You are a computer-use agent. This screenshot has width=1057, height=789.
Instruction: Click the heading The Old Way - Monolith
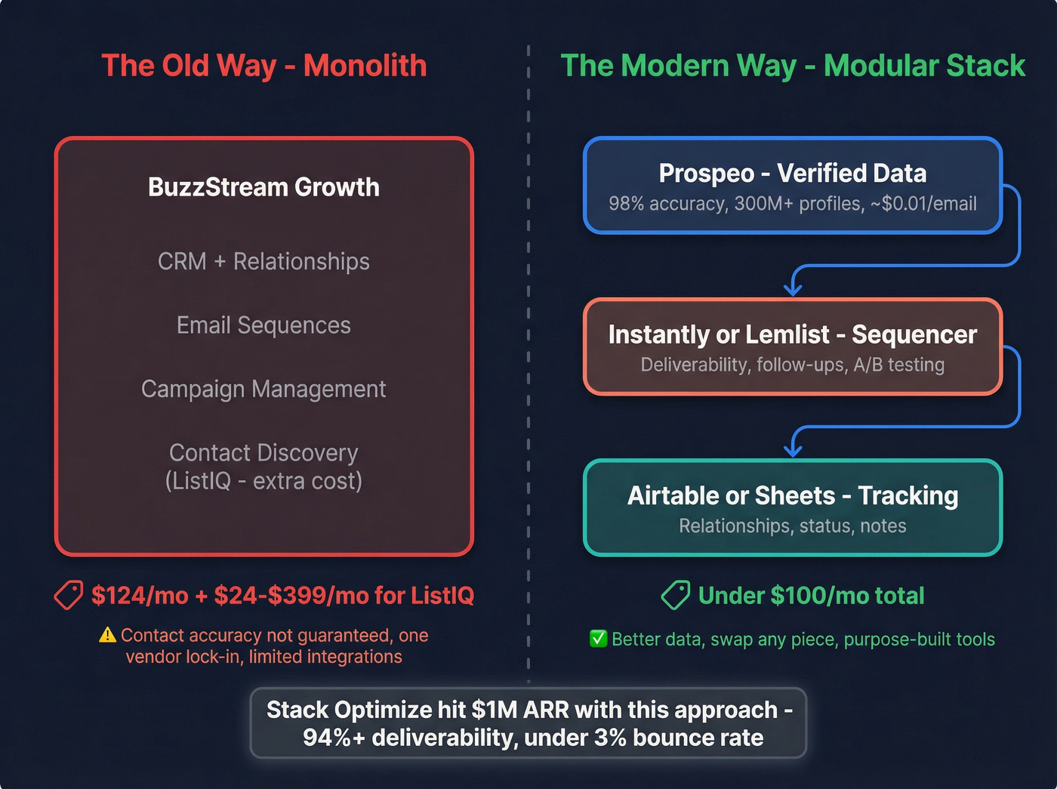[263, 66]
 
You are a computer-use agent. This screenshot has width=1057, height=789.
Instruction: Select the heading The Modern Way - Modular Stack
[792, 66]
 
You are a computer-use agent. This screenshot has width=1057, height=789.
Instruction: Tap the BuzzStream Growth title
[263, 187]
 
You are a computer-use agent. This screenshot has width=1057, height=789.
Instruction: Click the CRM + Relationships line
[263, 261]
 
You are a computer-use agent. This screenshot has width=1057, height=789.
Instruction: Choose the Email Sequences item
[263, 325]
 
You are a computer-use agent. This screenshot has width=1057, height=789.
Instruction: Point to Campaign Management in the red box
[263, 389]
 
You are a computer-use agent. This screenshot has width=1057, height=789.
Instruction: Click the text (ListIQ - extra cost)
[263, 481]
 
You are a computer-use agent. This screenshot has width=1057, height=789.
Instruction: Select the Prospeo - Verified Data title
[792, 174]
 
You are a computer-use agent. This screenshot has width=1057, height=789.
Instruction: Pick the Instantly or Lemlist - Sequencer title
[792, 334]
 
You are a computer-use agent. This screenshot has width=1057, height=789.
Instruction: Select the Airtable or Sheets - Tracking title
[792, 496]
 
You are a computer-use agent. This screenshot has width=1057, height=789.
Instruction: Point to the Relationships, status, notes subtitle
[792, 526]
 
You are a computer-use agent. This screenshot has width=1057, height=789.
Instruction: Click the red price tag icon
[69, 596]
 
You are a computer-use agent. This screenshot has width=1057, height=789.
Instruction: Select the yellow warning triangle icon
[107, 635]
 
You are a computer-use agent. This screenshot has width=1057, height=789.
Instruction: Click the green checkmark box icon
[598, 639]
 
